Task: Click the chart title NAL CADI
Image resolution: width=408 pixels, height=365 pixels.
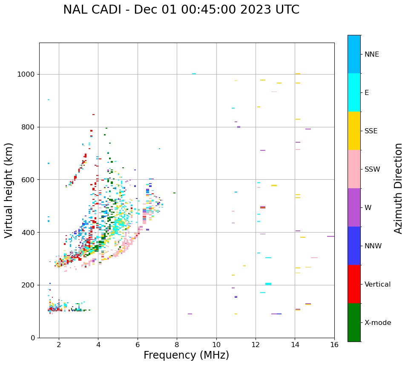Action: (181, 10)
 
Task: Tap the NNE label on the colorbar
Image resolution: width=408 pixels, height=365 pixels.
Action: (371, 55)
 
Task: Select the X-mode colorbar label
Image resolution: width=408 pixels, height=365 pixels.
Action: (378, 323)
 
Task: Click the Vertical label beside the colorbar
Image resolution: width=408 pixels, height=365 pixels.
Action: (377, 285)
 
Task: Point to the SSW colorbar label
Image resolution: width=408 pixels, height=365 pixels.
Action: (372, 170)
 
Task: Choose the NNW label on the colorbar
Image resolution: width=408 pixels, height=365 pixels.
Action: (373, 246)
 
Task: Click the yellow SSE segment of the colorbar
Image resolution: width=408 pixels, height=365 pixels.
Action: (354, 131)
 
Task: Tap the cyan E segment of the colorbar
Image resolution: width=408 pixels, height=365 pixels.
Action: (354, 92)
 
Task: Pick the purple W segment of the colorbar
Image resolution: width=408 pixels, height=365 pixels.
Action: (354, 207)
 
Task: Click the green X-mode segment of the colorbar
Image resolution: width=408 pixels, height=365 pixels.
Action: (354, 322)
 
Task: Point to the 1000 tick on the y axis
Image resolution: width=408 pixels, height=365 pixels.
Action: (27, 74)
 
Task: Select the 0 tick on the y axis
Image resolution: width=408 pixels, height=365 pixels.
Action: (33, 338)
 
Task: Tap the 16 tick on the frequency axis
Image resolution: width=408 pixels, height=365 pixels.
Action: (334, 344)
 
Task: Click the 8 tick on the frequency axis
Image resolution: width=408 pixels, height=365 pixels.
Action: (177, 344)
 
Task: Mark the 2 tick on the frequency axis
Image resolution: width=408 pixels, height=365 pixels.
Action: (59, 344)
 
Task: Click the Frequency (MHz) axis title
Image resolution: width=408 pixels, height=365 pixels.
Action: (186, 355)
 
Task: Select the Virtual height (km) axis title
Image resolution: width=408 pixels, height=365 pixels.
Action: (9, 190)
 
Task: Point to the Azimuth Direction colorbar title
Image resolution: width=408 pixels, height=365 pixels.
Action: (399, 188)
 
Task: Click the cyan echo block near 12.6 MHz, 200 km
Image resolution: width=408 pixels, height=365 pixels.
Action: (268, 284)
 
